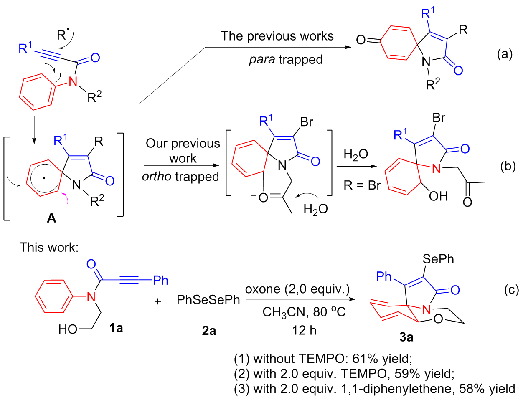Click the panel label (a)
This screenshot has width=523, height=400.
pos(504,54)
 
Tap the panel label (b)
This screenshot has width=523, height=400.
pos(508,166)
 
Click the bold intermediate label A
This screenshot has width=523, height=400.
pos(51,218)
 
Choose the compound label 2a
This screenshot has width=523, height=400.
pos(209,331)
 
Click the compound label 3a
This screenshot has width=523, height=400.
pos(406,337)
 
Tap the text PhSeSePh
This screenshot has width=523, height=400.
pos(208,300)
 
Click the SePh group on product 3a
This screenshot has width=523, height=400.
pos(438,259)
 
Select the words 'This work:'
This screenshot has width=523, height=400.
pos(49,247)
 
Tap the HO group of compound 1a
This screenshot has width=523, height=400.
pos(68,329)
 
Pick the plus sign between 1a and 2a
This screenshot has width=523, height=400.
pos(158,301)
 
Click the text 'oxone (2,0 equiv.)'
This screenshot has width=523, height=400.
pos(297,289)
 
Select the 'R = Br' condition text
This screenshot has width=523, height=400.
pos(362,185)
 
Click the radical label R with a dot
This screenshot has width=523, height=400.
pos(62,35)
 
